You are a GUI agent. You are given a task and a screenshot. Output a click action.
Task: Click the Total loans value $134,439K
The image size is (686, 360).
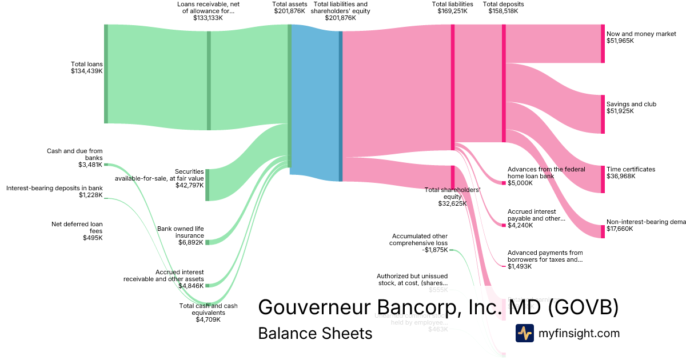pyautogui.click(x=86, y=71)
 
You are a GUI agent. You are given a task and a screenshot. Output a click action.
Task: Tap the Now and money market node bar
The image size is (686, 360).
pyautogui.click(x=603, y=43)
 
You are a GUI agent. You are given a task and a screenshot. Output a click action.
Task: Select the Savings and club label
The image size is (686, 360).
pyautogui.click(x=631, y=104)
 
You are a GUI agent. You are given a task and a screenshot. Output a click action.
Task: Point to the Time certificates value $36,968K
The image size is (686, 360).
pyautogui.click(x=620, y=177)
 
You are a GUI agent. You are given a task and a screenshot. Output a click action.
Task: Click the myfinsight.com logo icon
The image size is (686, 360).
pyautogui.click(x=524, y=333)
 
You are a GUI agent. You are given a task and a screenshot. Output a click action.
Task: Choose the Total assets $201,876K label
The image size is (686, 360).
pyautogui.click(x=289, y=7)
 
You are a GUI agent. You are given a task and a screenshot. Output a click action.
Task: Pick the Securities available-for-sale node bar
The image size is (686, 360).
pyautogui.click(x=208, y=185)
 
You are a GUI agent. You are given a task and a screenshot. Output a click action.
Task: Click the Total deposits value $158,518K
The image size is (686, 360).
pyautogui.click(x=503, y=11)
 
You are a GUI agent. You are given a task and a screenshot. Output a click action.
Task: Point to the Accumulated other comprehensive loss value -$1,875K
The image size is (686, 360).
pyautogui.click(x=436, y=250)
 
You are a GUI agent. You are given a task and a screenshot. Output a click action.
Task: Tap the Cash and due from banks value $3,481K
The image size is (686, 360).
pyautogui.click(x=90, y=165)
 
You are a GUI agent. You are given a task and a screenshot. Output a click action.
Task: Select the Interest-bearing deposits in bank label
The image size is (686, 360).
pyautogui.click(x=54, y=188)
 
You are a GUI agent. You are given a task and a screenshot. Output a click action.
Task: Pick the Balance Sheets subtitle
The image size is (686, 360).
pyautogui.click(x=315, y=333)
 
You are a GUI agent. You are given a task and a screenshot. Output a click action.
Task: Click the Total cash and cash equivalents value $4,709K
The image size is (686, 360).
pyautogui.click(x=208, y=320)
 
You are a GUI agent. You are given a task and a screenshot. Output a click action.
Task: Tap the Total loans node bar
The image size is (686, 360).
pyautogui.click(x=106, y=74)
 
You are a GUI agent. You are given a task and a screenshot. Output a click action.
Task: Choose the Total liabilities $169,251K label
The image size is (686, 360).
pyautogui.click(x=452, y=7)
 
